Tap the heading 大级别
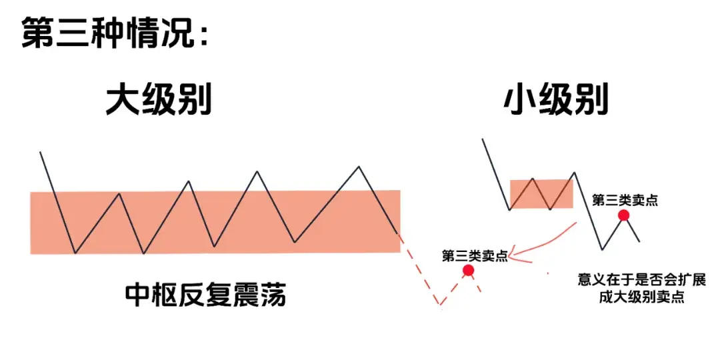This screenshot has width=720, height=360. pos(159,102)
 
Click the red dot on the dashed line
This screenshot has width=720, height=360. pos(468,270)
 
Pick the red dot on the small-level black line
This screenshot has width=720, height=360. pos(623,215)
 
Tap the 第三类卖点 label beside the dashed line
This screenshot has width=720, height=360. pos(474,255)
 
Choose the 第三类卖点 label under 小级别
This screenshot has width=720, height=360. pos(624,200)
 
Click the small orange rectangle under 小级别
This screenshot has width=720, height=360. pos(541,193)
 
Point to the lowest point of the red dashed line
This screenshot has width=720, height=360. pos(440,306)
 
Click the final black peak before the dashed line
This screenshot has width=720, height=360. pos(359,167)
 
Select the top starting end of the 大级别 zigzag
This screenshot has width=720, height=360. pos(41,153)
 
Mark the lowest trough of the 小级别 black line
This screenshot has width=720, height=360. pos(603,249)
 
